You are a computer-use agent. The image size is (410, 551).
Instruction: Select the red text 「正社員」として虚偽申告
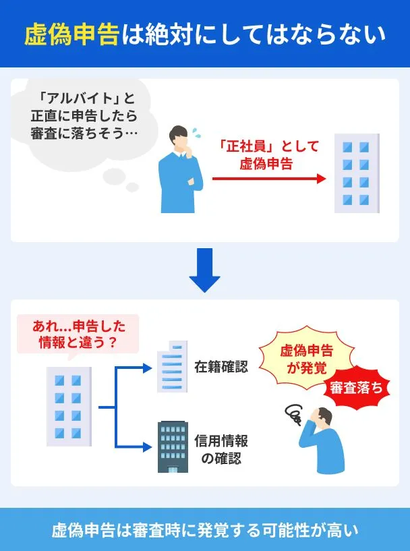268,154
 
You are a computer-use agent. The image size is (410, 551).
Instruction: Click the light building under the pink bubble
68,406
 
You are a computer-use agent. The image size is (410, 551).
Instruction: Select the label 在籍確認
221,367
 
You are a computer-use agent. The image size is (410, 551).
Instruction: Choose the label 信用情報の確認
221,450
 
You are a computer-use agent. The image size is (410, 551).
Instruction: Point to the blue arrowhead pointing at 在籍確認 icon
148,367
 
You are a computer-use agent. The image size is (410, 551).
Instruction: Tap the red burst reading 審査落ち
356,388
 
